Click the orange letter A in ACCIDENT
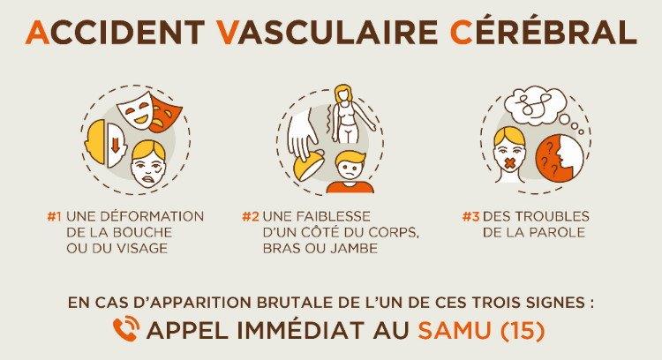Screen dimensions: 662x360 [38, 32]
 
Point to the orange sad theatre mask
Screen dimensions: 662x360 [165, 114]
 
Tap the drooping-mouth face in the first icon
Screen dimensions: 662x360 [148, 166]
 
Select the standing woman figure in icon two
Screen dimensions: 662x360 [349, 115]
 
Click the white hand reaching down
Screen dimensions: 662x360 [303, 131]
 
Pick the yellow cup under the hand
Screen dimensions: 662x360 [309, 167]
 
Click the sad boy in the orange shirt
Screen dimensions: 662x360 [350, 172]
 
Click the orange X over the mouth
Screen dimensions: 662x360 [511, 162]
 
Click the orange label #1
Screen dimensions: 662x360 [55, 216]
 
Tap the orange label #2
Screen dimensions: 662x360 [250, 216]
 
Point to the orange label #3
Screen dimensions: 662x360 [470, 216]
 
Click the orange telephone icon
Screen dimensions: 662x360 [126, 329]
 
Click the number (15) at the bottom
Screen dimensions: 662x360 [523, 331]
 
